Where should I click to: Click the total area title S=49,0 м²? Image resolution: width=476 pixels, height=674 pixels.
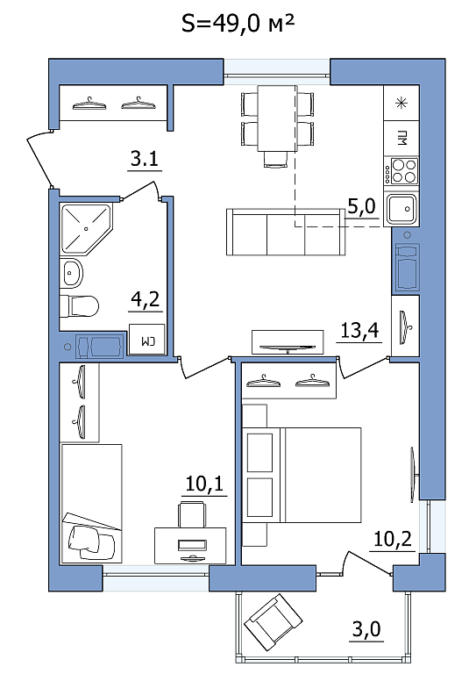(x=238, y=23)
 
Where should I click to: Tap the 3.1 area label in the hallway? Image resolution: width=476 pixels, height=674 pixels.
(x=145, y=159)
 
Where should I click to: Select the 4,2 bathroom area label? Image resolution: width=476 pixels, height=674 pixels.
(x=145, y=299)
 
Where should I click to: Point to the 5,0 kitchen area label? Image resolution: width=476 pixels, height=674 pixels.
(x=361, y=207)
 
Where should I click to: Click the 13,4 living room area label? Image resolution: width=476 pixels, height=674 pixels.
(x=359, y=331)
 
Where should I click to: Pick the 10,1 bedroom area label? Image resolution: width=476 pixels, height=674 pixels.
(x=204, y=484)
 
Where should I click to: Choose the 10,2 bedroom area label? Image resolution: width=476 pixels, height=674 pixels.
(x=393, y=539)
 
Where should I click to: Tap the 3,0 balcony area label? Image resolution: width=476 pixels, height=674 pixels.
(x=366, y=629)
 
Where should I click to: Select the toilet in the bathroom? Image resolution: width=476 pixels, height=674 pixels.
(x=79, y=306)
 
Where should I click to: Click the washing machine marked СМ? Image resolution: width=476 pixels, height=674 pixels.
(x=146, y=340)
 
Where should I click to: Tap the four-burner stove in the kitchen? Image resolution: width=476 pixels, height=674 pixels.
(x=401, y=170)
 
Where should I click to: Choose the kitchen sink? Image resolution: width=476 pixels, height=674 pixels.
(x=401, y=210)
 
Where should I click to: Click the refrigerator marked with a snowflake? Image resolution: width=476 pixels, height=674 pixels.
(x=401, y=103)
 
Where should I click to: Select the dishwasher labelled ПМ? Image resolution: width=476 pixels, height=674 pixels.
(x=401, y=139)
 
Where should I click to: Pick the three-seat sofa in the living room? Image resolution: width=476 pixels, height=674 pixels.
(x=286, y=232)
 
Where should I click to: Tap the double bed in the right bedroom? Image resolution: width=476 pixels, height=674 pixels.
(x=302, y=475)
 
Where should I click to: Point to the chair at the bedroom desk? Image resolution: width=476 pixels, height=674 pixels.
(x=191, y=514)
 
